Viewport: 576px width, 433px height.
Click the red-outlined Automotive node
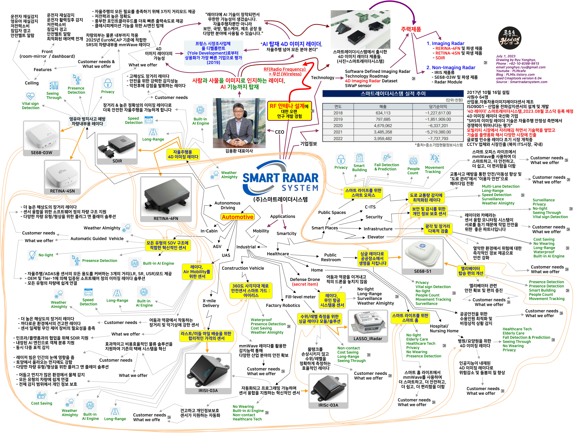pos(237,217)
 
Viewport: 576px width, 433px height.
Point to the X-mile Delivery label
pos(211,303)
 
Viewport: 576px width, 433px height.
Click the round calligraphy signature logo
pos(510,39)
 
